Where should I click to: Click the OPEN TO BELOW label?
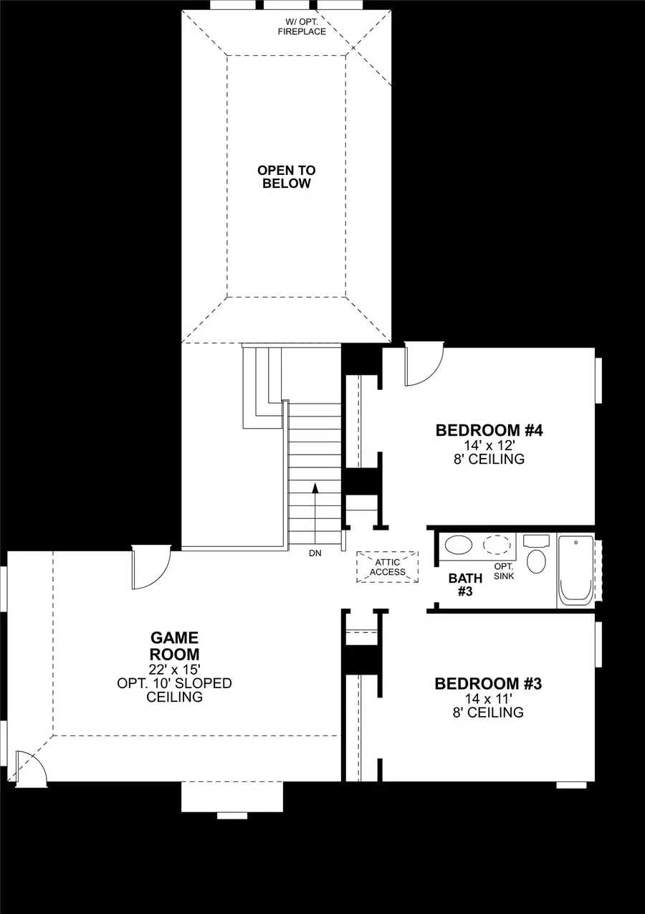pyautogui.click(x=286, y=177)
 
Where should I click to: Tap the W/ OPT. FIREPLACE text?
pyautogui.click(x=302, y=27)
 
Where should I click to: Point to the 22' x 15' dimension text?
pyautogui.click(x=175, y=669)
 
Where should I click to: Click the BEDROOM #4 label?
pyautogui.click(x=489, y=431)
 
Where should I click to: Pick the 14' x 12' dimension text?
pyautogui.click(x=489, y=445)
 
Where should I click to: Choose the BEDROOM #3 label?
pyautogui.click(x=488, y=684)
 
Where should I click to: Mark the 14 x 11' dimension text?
pyautogui.click(x=488, y=698)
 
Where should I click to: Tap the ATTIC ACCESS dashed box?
pyautogui.click(x=388, y=566)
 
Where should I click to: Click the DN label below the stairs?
pyautogui.click(x=315, y=553)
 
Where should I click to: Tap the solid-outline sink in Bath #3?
pyautogui.click(x=459, y=546)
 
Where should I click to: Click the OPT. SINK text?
pyautogui.click(x=504, y=571)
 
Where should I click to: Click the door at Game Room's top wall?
pyautogui.click(x=150, y=568)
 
